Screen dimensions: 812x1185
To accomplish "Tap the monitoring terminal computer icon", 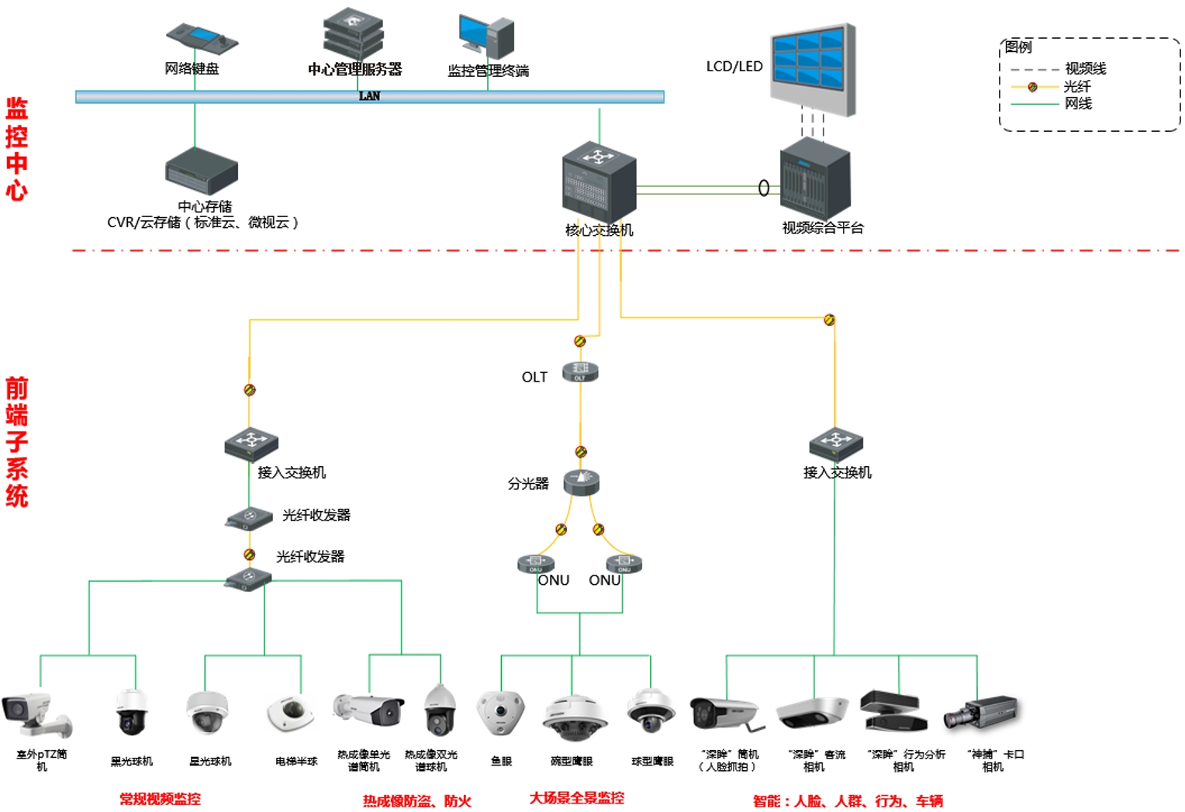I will coord(487,36).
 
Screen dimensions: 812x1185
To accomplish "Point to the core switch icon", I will coord(599,181).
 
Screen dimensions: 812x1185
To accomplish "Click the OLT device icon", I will coord(580,372).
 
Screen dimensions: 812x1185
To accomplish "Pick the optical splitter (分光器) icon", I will coord(581,482).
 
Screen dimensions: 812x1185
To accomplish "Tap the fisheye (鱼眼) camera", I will coord(500,713).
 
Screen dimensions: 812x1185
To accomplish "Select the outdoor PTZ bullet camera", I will coord(36,713).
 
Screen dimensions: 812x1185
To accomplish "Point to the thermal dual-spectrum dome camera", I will coord(440,710).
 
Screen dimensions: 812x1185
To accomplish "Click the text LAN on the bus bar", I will coord(369,96).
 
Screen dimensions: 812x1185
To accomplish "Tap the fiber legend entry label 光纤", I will coord(1077,86).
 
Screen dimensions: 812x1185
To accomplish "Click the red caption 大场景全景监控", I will coord(576,798).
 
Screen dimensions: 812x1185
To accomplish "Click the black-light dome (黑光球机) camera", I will coord(131,711).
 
